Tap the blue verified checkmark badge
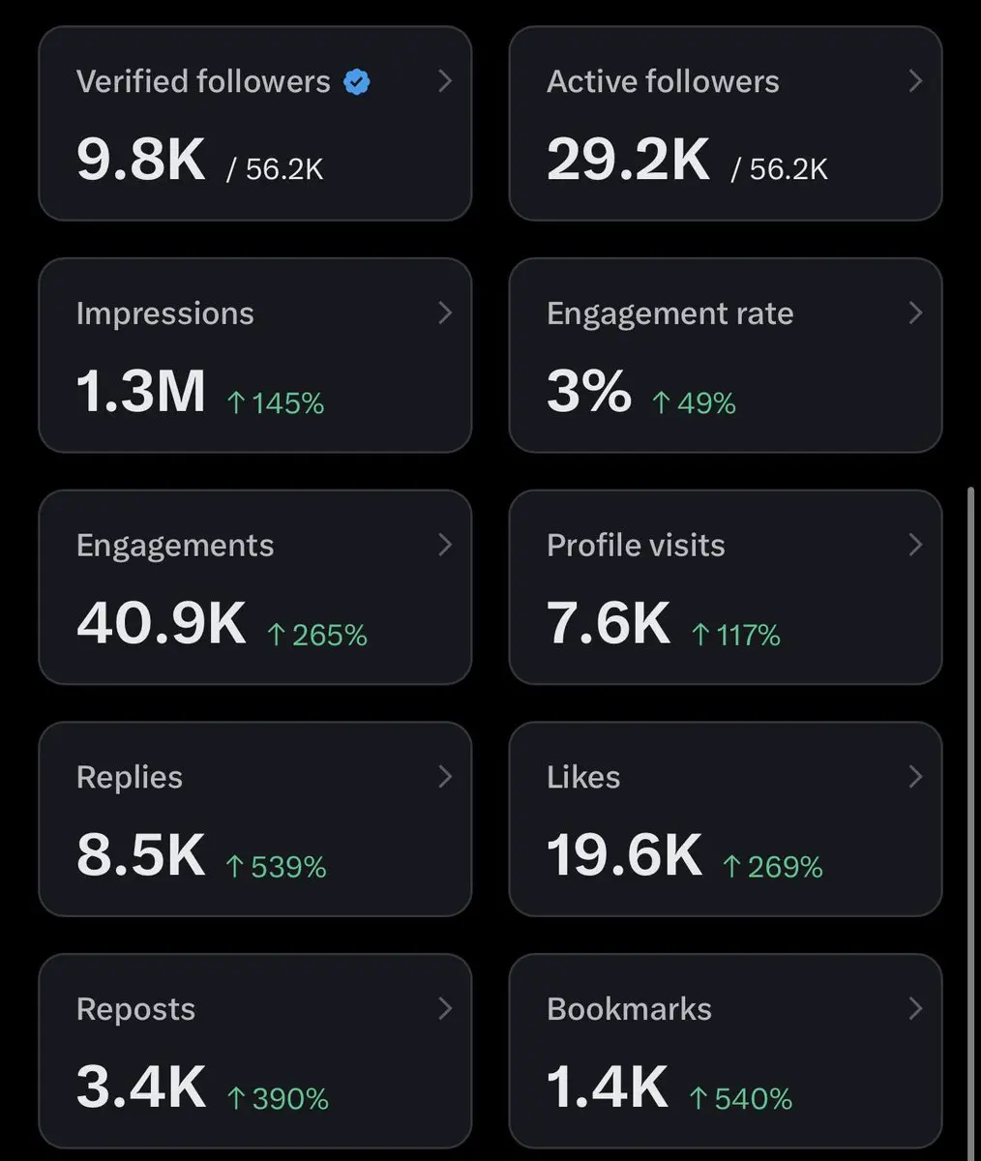[356, 81]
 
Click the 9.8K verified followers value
[140, 160]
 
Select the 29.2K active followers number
[628, 160]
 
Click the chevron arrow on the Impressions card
[445, 313]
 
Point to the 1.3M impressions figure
[140, 392]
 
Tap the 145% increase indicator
[276, 403]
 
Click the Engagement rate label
[669, 314]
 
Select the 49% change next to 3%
[694, 403]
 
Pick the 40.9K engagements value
[162, 623]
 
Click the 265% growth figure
[317, 635]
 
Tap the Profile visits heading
[636, 546]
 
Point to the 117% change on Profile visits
[735, 635]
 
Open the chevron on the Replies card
[445, 777]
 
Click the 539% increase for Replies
[277, 867]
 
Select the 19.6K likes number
[624, 855]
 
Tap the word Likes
[583, 777]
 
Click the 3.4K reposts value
[140, 1087]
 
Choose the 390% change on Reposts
[278, 1099]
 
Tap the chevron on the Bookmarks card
[915, 1009]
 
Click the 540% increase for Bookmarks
[741, 1099]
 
